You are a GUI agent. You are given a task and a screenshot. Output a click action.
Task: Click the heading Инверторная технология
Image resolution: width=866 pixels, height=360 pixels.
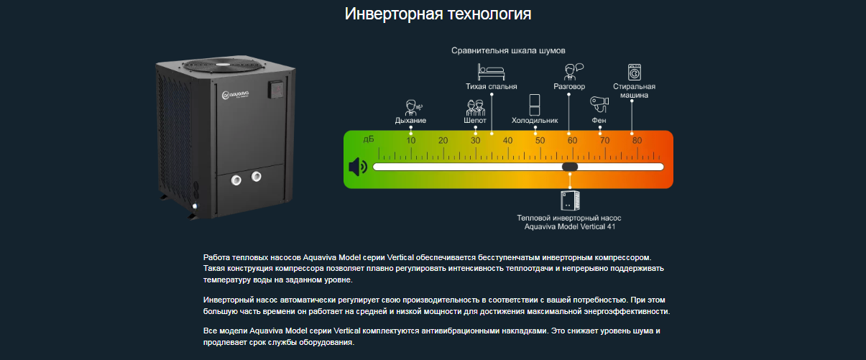[438, 14]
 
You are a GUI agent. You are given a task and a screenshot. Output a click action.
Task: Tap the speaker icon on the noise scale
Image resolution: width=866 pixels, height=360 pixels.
[357, 167]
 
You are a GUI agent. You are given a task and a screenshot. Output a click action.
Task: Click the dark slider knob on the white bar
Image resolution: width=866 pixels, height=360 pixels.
[570, 167]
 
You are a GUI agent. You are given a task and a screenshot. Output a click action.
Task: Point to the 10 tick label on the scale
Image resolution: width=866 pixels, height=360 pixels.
[411, 140]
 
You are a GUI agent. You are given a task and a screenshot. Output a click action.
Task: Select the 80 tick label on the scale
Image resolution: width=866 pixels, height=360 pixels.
[637, 140]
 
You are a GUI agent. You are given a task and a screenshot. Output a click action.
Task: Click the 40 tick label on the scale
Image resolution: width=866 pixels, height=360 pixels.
[507, 140]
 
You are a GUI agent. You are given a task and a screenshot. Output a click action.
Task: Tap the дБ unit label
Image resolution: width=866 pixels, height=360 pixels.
[369, 138]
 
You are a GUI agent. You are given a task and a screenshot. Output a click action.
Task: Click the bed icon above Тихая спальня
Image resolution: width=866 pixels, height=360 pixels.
[491, 71]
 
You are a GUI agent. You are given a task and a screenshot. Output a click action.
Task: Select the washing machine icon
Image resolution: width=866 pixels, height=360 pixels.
[635, 72]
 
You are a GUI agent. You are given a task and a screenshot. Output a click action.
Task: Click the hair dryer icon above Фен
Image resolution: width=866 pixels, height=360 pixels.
[599, 104]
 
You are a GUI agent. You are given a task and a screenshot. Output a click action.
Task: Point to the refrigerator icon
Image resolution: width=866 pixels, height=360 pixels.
[534, 104]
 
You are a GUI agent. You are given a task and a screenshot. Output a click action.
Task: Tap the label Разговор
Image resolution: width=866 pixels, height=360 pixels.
[569, 87]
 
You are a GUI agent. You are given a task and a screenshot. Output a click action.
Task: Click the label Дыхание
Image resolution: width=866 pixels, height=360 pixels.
[410, 121]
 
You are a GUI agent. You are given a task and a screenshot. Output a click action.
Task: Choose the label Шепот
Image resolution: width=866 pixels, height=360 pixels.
[475, 121]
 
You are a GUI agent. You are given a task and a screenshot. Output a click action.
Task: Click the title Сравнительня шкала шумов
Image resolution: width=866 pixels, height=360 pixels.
[508, 51]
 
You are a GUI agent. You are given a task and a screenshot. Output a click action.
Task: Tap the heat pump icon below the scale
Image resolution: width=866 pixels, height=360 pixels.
[569, 200]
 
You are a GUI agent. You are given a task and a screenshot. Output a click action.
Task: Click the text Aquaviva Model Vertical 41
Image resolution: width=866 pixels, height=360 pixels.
[569, 226]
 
